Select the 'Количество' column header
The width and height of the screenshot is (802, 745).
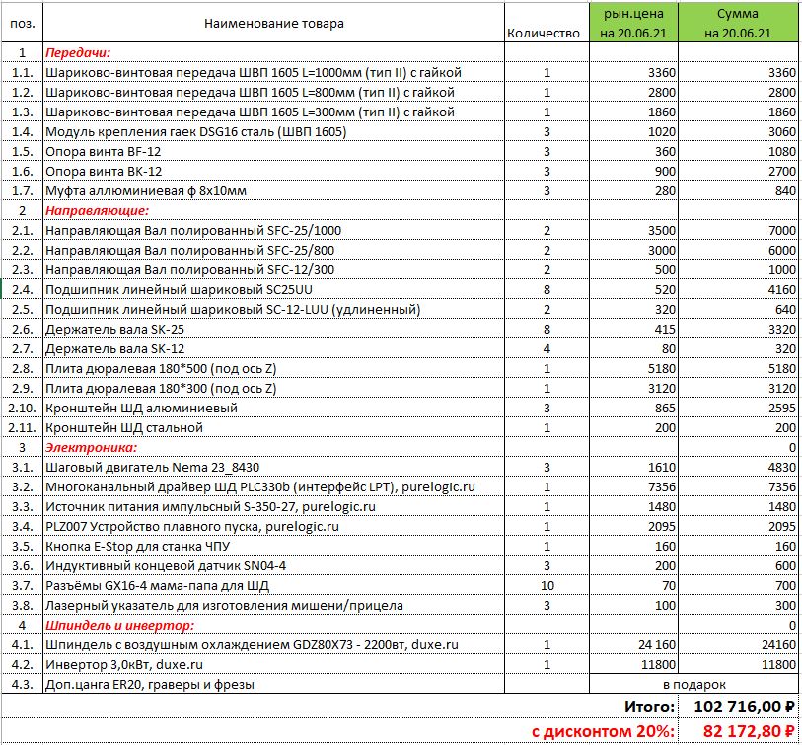pyautogui.click(x=543, y=34)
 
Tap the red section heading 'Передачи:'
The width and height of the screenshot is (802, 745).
pyautogui.click(x=78, y=53)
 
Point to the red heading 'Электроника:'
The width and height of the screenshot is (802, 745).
pyautogui.click(x=91, y=447)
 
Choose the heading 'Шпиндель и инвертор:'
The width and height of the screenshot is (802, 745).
pyautogui.click(x=119, y=626)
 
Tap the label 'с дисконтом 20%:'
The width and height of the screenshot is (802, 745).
pyautogui.click(x=603, y=731)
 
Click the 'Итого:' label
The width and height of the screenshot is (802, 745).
pyautogui.click(x=649, y=707)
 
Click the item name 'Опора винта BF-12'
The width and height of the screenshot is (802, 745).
pyautogui.click(x=102, y=152)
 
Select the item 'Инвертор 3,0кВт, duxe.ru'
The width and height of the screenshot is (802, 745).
pyautogui.click(x=124, y=664)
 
